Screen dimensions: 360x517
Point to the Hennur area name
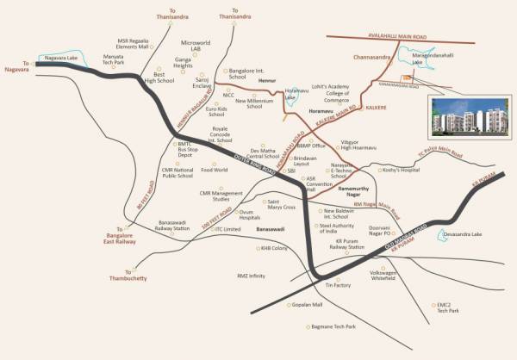pos(267,82)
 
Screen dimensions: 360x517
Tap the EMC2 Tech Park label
pos(449,307)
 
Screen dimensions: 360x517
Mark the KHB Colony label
pos(273,248)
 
